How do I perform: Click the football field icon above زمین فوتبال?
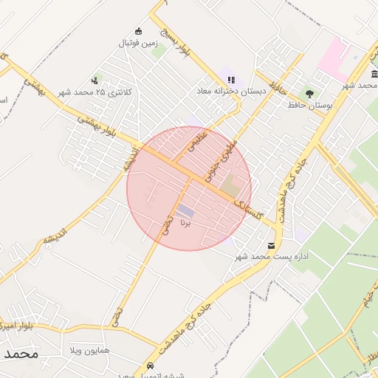pos(137,31)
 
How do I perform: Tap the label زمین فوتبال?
pos(137,43)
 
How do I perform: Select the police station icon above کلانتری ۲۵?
pos(94,80)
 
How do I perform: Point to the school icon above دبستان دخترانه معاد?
pos(231,80)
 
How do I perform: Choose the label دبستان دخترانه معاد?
pos(230,91)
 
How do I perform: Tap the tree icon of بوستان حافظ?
pos(309,94)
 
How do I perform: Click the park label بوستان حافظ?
pos(309,106)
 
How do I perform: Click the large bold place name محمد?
pos(20,354)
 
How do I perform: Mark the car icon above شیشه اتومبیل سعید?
pos(151,365)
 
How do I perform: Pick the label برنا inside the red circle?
pos(185,221)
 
